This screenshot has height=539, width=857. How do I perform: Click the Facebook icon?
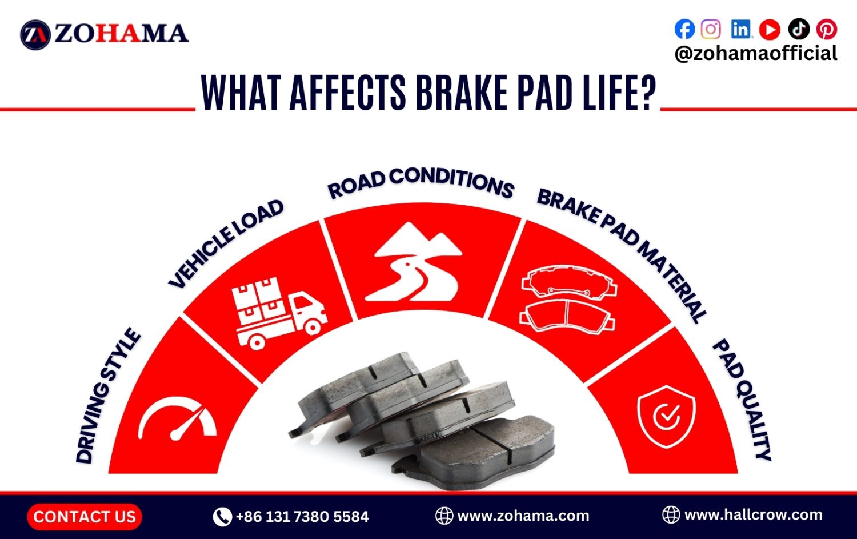684,29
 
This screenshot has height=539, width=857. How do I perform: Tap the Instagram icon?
711,29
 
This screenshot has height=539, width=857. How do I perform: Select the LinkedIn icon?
741,29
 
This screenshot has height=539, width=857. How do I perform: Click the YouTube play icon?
770,29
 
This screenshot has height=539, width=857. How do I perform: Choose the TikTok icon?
799,29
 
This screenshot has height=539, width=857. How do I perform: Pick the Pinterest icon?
827,29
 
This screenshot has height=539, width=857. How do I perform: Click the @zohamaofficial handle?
755,53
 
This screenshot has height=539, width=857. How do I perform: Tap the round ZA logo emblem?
35,34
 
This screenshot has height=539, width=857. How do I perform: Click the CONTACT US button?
85,517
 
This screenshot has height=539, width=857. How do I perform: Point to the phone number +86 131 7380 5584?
302,517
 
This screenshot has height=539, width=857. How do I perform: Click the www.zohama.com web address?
523,516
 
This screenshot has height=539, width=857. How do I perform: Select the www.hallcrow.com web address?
753,514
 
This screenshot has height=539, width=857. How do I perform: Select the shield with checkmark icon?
666,416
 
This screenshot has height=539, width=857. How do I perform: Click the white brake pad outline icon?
568,299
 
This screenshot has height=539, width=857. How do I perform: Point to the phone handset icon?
222,517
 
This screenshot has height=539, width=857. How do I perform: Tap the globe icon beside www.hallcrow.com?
671,514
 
